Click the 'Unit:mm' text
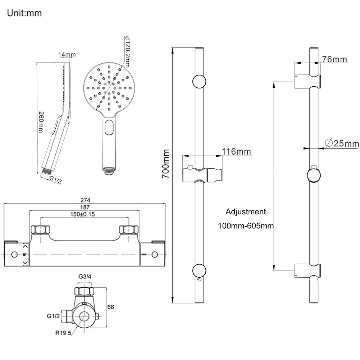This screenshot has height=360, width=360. click(x=24, y=13)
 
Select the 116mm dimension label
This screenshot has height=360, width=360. click(x=236, y=152)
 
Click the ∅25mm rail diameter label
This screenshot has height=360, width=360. click(x=342, y=143)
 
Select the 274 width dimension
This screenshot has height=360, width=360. click(x=85, y=200)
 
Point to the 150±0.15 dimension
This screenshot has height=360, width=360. click(x=85, y=214)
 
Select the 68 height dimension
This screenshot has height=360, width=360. click(x=111, y=307)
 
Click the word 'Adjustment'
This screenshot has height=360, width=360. click(x=246, y=212)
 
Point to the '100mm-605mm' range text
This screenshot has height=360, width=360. click(x=246, y=226)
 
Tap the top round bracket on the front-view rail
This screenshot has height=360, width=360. click(x=199, y=81)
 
